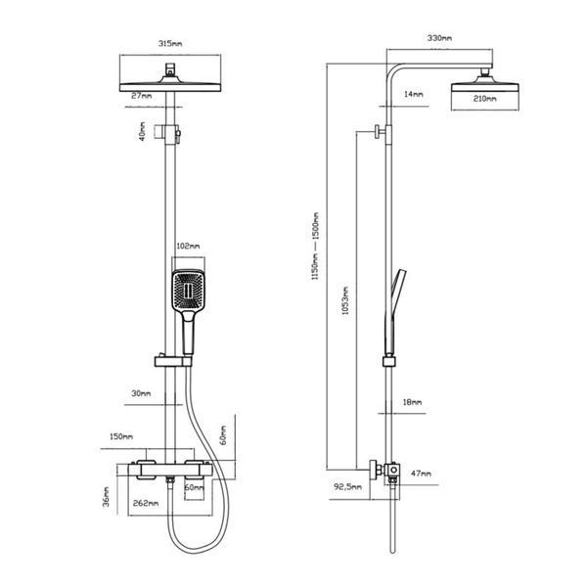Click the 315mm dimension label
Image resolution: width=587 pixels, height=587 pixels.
point(170,43)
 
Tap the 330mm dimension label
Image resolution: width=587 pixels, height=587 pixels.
point(439,38)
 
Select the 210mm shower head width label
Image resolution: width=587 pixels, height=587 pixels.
point(485,99)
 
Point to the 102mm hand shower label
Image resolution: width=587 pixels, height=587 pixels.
point(188,246)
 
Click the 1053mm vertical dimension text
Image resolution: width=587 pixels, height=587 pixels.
point(345,300)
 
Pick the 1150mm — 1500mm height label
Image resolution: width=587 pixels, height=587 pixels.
point(315,246)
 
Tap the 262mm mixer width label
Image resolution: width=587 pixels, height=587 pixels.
point(146,503)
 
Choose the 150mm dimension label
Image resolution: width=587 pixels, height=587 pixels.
point(121,436)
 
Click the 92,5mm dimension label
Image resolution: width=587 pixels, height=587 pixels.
point(347,486)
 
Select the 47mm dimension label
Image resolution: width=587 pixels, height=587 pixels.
point(421,474)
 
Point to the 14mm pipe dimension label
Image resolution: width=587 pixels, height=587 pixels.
point(413,94)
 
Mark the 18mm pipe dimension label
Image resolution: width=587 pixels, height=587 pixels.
point(412,402)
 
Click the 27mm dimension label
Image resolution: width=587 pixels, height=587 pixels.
point(141,96)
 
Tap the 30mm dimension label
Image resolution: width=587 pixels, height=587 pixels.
point(141,393)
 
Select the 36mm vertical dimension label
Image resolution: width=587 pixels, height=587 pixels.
point(107,497)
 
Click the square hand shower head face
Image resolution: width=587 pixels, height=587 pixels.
point(188,291)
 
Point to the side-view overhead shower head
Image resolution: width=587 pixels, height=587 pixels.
point(485,83)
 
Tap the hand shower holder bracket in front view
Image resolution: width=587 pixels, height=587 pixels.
point(173,361)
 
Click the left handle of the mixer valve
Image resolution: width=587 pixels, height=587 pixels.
point(146,469)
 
